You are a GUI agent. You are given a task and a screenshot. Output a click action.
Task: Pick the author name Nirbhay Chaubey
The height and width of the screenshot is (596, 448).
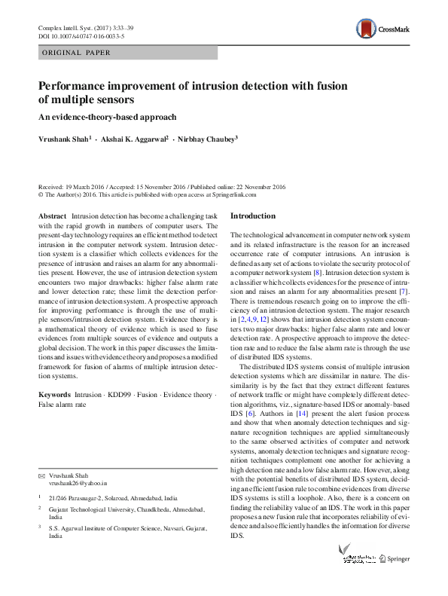[x=207, y=139]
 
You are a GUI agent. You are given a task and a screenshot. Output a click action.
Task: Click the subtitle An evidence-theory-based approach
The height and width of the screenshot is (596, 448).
[x=107, y=117]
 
